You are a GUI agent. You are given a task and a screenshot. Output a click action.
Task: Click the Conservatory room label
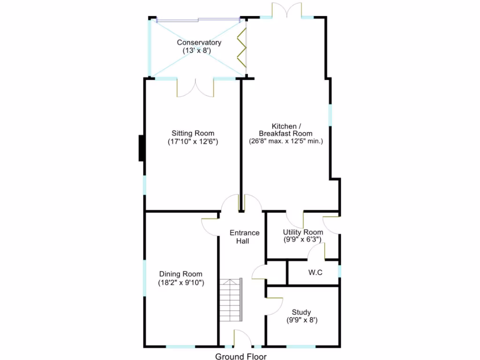tap(199, 43)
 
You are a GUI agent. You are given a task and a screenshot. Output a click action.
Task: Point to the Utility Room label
tap(303, 232)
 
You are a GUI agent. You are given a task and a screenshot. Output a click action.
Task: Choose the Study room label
tap(301, 312)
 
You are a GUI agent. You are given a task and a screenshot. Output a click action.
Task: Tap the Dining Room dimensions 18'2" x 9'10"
tap(181, 283)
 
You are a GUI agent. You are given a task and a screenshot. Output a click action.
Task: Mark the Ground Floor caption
tap(240, 357)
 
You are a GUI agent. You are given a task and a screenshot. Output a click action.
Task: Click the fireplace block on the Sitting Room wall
tap(141, 148)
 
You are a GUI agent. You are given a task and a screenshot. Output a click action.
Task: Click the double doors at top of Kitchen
tap(286, 10)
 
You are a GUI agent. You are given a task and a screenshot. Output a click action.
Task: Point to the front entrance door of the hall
tap(242, 338)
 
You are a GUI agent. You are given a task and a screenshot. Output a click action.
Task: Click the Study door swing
tap(274, 306)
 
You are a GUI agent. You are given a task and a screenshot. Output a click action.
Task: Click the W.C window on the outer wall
tap(339, 272)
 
